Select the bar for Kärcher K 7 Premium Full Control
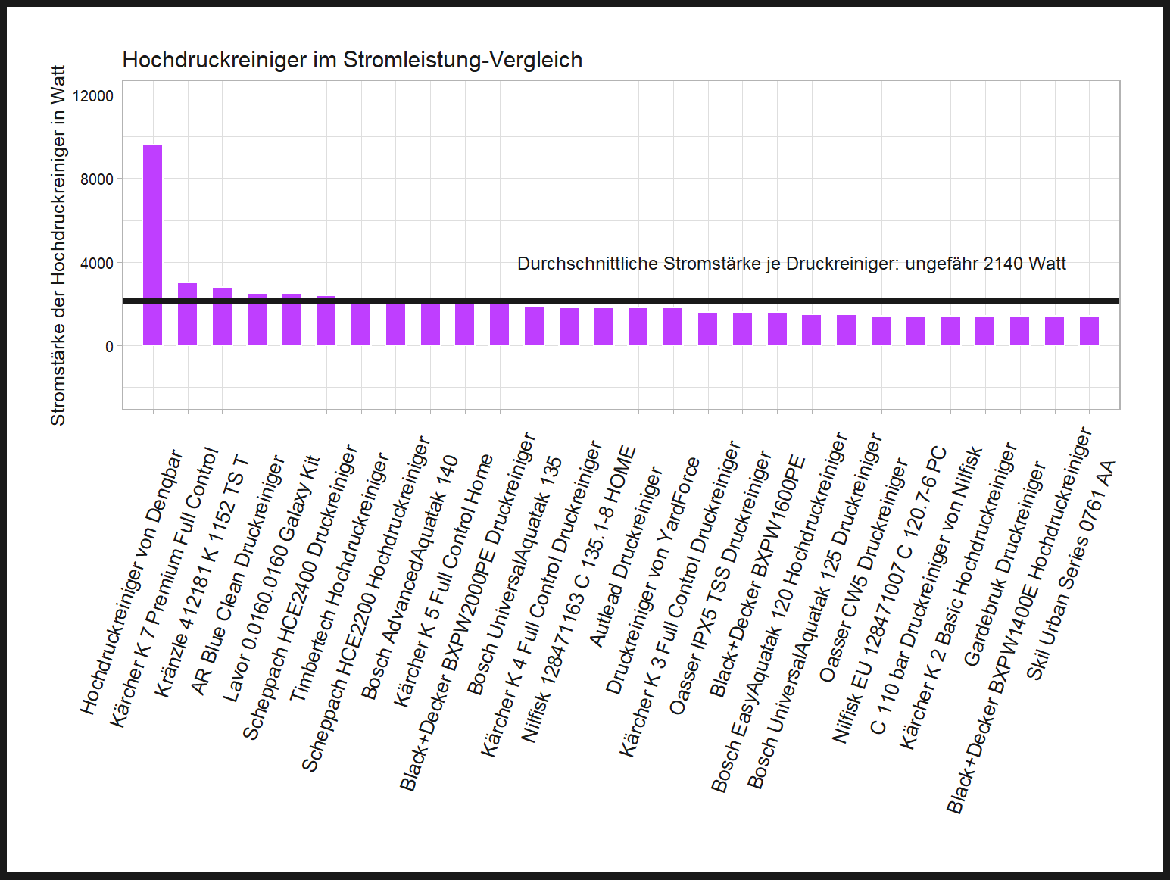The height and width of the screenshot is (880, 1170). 187,314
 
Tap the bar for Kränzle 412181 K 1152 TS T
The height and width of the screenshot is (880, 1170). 222,317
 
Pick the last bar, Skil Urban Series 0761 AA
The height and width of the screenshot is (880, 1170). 1089,331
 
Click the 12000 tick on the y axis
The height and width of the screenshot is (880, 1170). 98,96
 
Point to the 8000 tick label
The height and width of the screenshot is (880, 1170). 98,179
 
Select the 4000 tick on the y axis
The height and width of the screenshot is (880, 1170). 98,264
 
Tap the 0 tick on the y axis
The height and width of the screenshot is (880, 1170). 109,347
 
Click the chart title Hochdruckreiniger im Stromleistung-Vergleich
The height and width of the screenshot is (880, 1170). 352,60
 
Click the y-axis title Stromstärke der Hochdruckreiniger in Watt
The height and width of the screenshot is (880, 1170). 58,245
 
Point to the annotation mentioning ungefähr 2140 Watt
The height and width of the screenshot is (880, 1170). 791,264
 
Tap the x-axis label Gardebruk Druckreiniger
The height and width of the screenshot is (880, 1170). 1004,563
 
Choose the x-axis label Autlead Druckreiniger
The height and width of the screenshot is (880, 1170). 626,557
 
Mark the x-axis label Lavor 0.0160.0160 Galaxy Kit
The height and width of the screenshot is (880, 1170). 271,579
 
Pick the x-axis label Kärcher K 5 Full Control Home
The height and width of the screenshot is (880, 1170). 444,580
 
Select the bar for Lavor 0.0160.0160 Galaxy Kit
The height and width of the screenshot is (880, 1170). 291,320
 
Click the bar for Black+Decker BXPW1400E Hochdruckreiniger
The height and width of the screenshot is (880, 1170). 1054,331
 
